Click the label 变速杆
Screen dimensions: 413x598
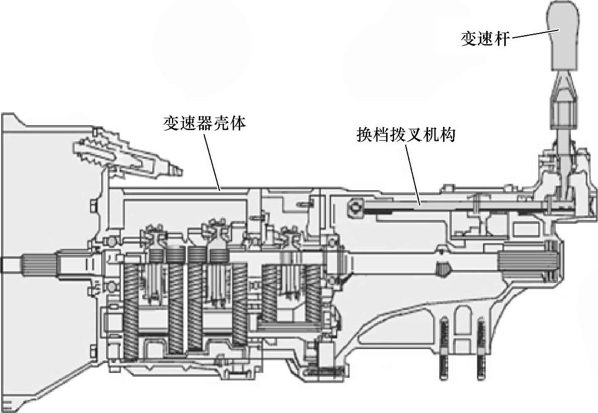coord(484,38)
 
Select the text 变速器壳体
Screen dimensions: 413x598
coord(204,124)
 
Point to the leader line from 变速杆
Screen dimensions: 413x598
coord(530,34)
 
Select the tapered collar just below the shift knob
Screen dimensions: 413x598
coord(564,87)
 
